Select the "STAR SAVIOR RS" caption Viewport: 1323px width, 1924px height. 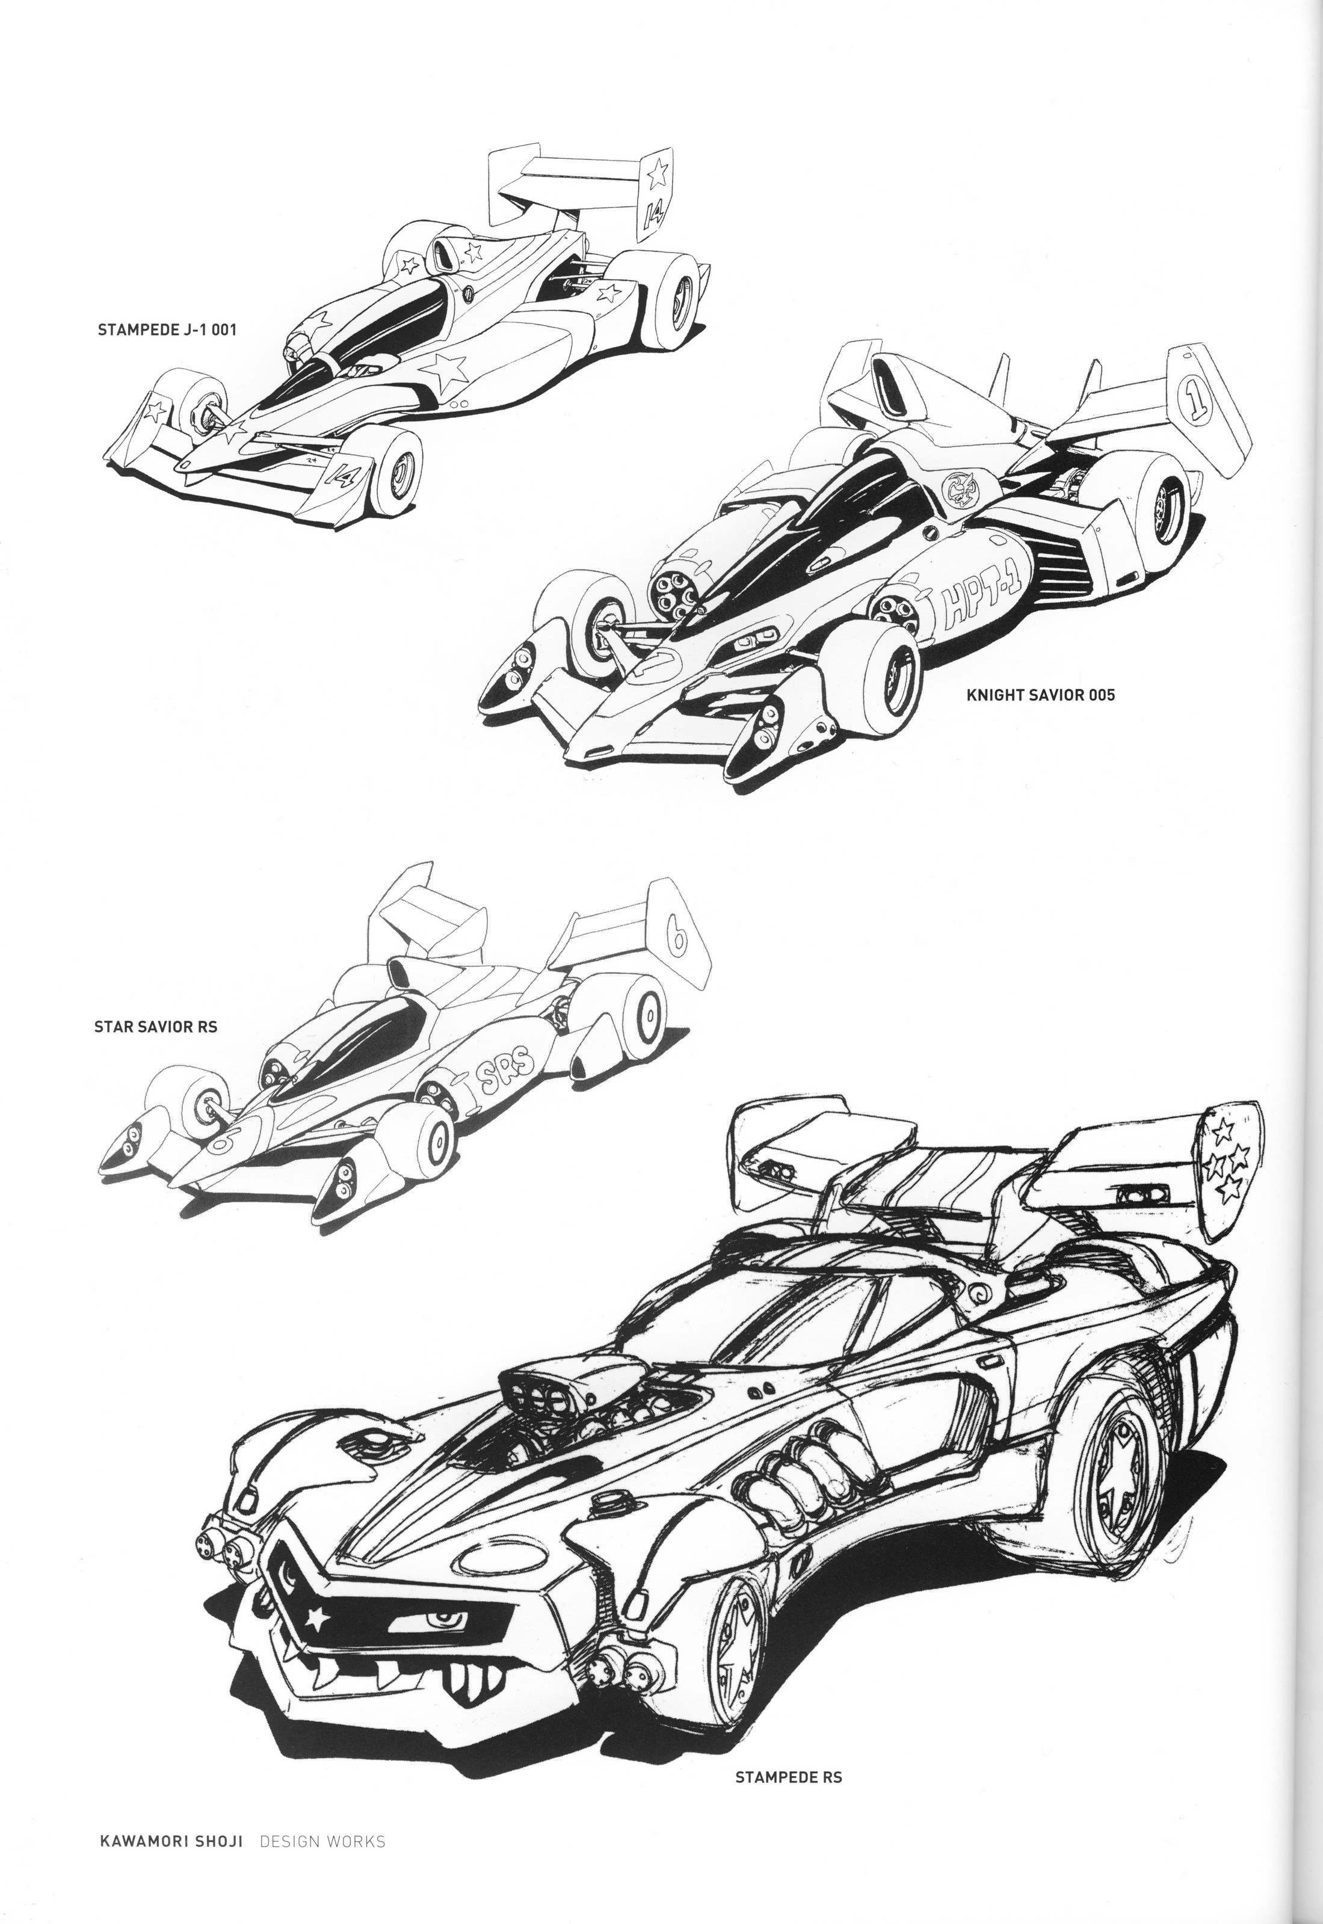[x=156, y=1027]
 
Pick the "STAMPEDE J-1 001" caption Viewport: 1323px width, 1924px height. [x=167, y=329]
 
